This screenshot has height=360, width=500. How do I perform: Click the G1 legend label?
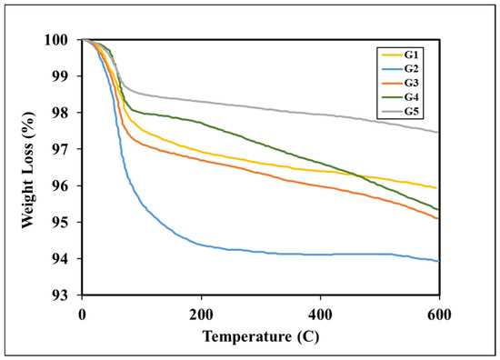pyautogui.click(x=411, y=55)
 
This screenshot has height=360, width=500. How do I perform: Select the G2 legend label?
pyautogui.click(x=411, y=69)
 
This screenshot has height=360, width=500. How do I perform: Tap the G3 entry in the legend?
pyautogui.click(x=411, y=83)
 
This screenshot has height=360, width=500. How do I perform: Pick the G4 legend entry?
pyautogui.click(x=411, y=97)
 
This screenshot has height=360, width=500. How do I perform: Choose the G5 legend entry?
pyautogui.click(x=411, y=112)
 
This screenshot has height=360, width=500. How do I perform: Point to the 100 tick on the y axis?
pyautogui.click(x=56, y=40)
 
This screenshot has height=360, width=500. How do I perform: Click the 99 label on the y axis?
pyautogui.click(x=60, y=76)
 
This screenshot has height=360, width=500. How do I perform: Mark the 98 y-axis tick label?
pyautogui.click(x=60, y=113)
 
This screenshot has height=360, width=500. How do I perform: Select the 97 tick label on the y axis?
pyautogui.click(x=60, y=149)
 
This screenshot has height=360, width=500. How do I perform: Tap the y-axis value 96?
pyautogui.click(x=60, y=185)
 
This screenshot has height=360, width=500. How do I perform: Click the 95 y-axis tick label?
pyautogui.click(x=60, y=222)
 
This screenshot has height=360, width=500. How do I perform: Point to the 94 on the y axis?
pyautogui.click(x=60, y=259)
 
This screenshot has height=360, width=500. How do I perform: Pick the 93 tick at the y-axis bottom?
pyautogui.click(x=60, y=295)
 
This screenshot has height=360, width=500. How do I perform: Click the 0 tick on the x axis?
pyautogui.click(x=82, y=315)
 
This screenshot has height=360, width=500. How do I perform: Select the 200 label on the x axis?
pyautogui.click(x=201, y=315)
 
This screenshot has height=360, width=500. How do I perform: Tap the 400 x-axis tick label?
pyautogui.click(x=320, y=315)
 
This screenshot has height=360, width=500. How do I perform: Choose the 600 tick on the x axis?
pyautogui.click(x=439, y=315)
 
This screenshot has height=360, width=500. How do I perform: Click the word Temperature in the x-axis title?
pyautogui.click(x=247, y=336)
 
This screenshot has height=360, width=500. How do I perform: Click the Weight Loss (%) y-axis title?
pyautogui.click(x=27, y=170)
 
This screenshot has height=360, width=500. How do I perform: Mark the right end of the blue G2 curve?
pyautogui.click(x=439, y=262)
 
